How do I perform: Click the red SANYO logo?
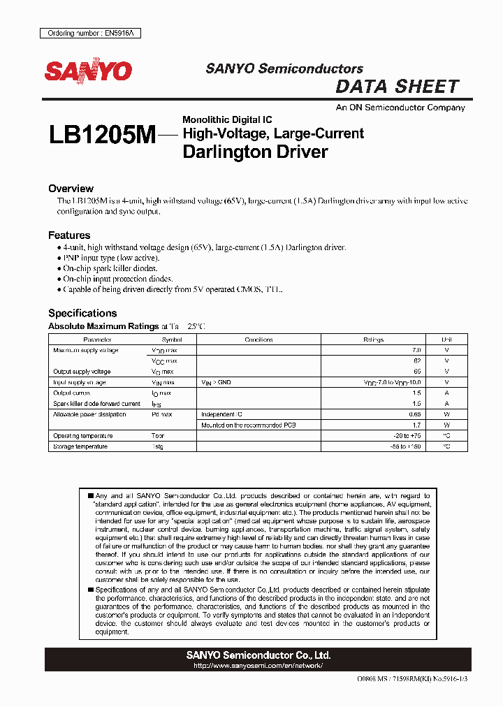tap(88, 71)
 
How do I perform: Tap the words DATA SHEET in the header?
tap(397, 87)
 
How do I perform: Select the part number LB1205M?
tap(102, 136)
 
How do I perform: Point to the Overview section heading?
tap(71, 189)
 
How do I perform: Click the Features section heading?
tap(69, 235)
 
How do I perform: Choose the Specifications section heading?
tap(82, 313)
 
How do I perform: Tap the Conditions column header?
tap(258, 340)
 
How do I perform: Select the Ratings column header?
tap(374, 340)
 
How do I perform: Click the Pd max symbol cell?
tap(162, 414)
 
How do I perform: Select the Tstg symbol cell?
tap(158, 446)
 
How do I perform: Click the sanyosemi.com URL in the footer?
tap(258, 666)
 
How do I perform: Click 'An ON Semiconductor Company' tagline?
tap(400, 108)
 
